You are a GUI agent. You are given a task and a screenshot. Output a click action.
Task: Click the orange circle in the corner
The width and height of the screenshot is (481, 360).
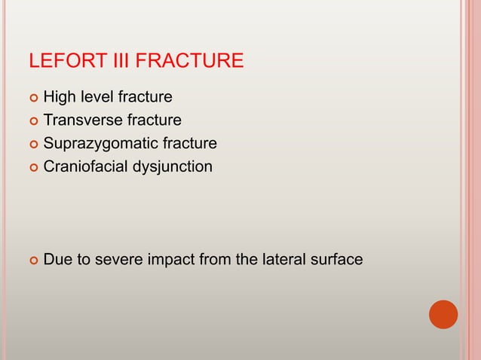pyautogui.click(x=443, y=314)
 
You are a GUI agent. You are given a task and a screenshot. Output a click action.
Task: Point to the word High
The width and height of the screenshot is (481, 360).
pyautogui.click(x=59, y=97)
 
